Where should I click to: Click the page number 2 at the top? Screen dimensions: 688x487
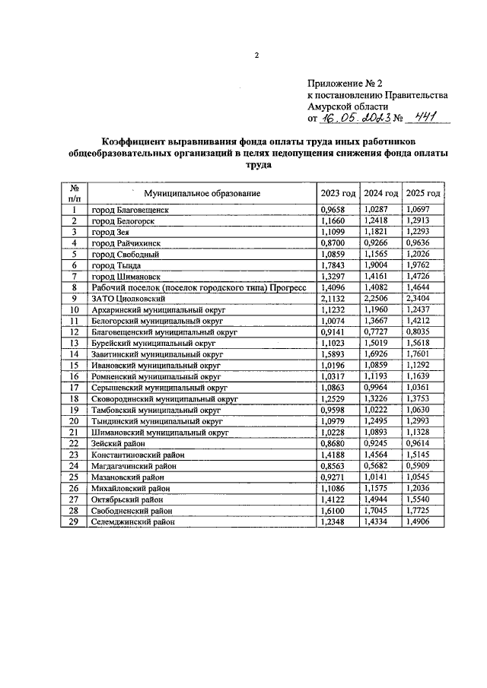(256, 55)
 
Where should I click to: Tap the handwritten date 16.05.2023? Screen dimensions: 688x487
(357, 118)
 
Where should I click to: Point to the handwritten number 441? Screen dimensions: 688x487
(427, 117)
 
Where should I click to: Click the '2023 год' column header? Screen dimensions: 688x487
(338, 193)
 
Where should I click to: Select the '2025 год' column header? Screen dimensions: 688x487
(424, 193)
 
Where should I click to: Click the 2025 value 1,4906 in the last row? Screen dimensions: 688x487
(422, 522)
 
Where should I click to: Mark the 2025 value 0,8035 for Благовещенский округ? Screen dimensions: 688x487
(422, 332)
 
